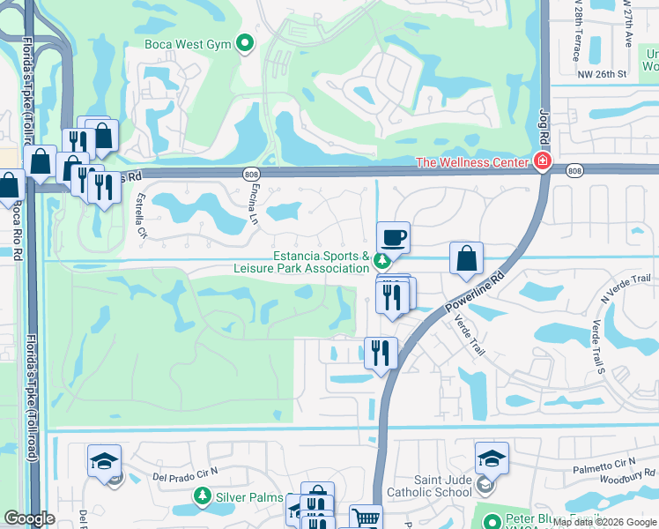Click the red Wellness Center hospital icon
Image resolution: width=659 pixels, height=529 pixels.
(541, 162)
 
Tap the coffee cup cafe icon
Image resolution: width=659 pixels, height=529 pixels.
(393, 236)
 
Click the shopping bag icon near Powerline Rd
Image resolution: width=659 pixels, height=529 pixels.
(466, 258)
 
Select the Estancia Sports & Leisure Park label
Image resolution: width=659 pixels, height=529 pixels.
(321, 262)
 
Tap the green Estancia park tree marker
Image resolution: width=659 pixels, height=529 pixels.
(381, 261)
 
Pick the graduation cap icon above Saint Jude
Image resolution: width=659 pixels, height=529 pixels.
(492, 458)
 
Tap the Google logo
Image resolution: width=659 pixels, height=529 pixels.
(29, 518)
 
